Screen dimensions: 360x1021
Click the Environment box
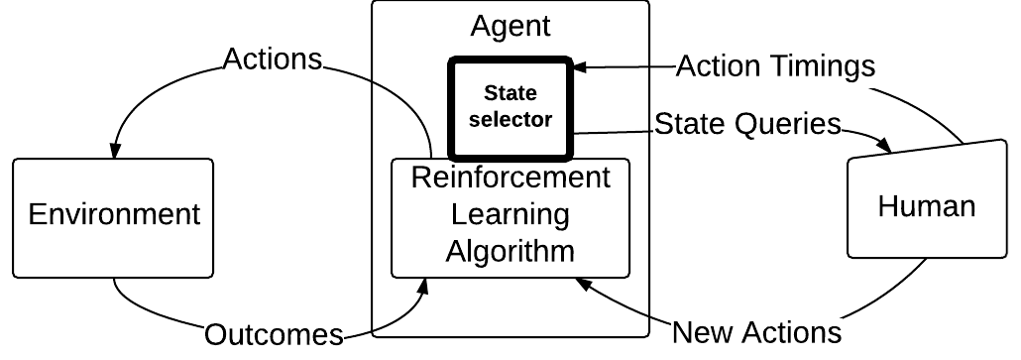tap(113, 214)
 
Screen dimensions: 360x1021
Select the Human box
tap(927, 205)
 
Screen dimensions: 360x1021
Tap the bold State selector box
tap(510, 108)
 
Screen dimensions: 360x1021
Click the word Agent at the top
tap(510, 25)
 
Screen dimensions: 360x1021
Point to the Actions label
tap(274, 60)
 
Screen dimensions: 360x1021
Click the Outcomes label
tap(274, 335)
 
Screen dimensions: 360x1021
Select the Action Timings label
tap(776, 66)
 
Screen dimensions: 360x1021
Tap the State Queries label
tap(747, 124)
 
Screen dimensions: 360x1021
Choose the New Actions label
tap(756, 331)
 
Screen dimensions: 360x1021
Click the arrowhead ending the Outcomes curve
tap(425, 286)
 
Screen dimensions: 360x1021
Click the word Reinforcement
tap(510, 179)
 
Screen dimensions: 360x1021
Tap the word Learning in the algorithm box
tap(510, 214)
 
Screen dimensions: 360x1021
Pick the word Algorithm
tap(510, 250)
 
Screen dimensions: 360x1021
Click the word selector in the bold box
tap(510, 119)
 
